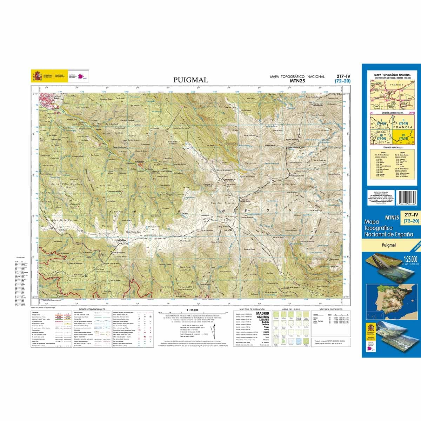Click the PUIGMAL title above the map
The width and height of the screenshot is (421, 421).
(191, 80)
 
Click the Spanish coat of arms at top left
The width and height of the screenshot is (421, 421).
(36, 76)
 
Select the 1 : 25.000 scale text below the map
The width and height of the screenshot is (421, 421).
(193, 310)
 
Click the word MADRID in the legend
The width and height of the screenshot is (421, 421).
(263, 313)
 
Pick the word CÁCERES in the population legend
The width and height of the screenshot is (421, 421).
(263, 317)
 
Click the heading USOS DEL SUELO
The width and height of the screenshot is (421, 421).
(291, 310)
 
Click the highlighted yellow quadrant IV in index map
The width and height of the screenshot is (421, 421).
(403, 136)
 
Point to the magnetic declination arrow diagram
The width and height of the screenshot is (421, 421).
(212, 331)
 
